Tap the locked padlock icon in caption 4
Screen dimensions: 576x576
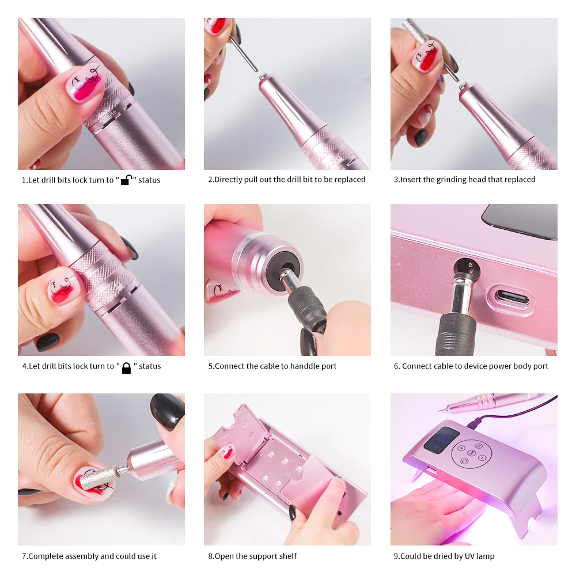point(126,367)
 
